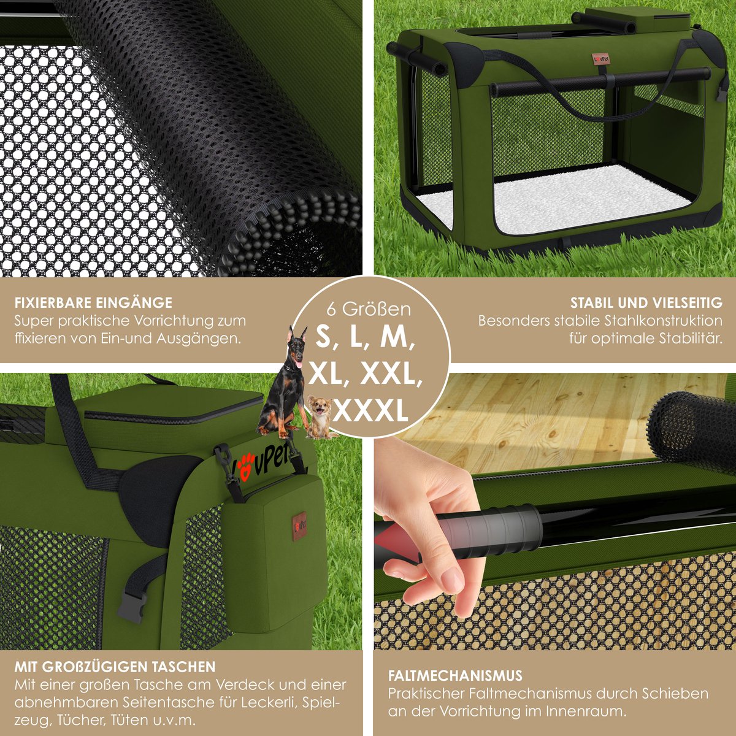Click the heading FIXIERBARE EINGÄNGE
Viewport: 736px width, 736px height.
point(93,303)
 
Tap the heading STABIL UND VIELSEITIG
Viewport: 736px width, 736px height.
point(646,303)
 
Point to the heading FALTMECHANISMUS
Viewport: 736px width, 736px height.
point(455,612)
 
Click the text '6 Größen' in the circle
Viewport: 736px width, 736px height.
point(369,309)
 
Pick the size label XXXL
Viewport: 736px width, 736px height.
point(370,411)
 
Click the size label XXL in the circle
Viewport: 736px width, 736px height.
point(388,374)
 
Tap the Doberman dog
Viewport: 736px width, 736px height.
point(284,382)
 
